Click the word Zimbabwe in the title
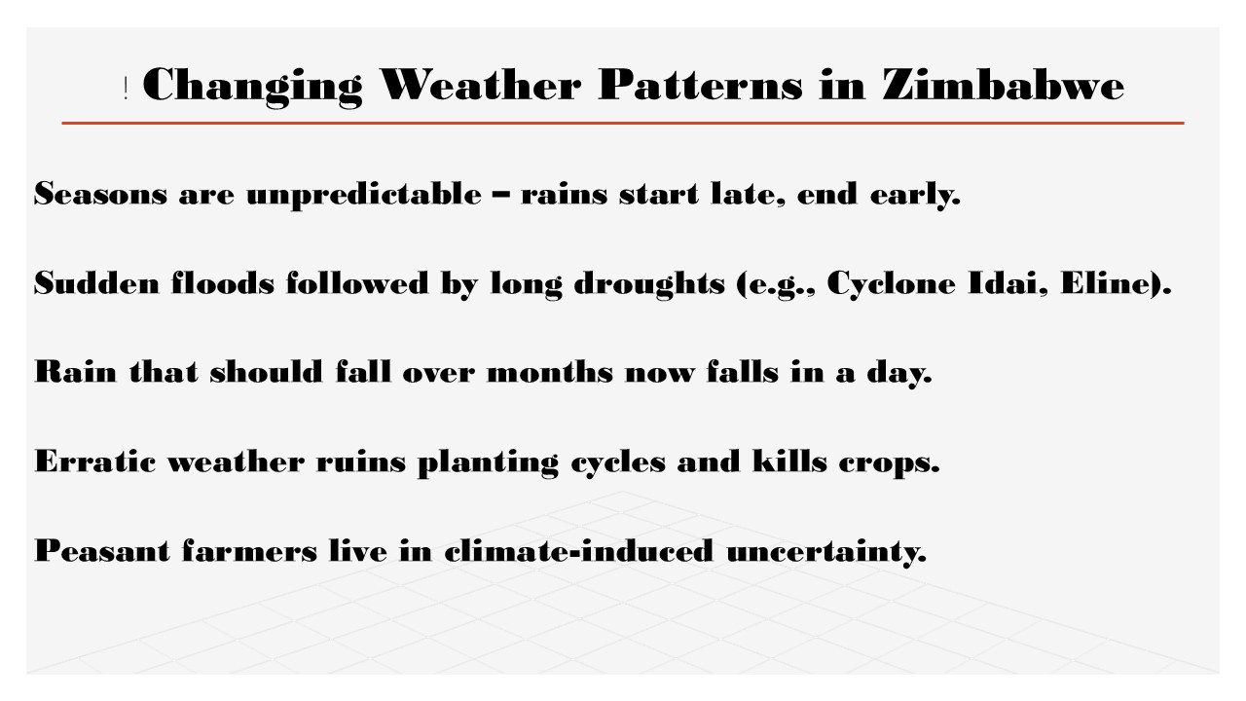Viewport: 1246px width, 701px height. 1004,85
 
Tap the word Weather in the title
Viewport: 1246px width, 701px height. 481,85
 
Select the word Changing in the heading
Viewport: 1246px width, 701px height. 252,87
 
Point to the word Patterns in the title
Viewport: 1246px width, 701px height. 700,85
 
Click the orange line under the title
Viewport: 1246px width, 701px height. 623,123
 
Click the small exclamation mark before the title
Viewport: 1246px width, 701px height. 127,89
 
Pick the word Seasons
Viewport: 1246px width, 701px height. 100,194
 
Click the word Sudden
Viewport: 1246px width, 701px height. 96,282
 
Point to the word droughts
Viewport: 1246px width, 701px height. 649,284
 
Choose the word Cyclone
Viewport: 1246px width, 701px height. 891,284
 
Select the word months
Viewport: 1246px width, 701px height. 550,372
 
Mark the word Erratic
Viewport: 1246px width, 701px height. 95,461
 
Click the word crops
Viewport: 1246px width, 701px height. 889,463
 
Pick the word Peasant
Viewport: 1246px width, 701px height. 102,550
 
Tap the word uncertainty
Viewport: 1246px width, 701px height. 826,551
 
